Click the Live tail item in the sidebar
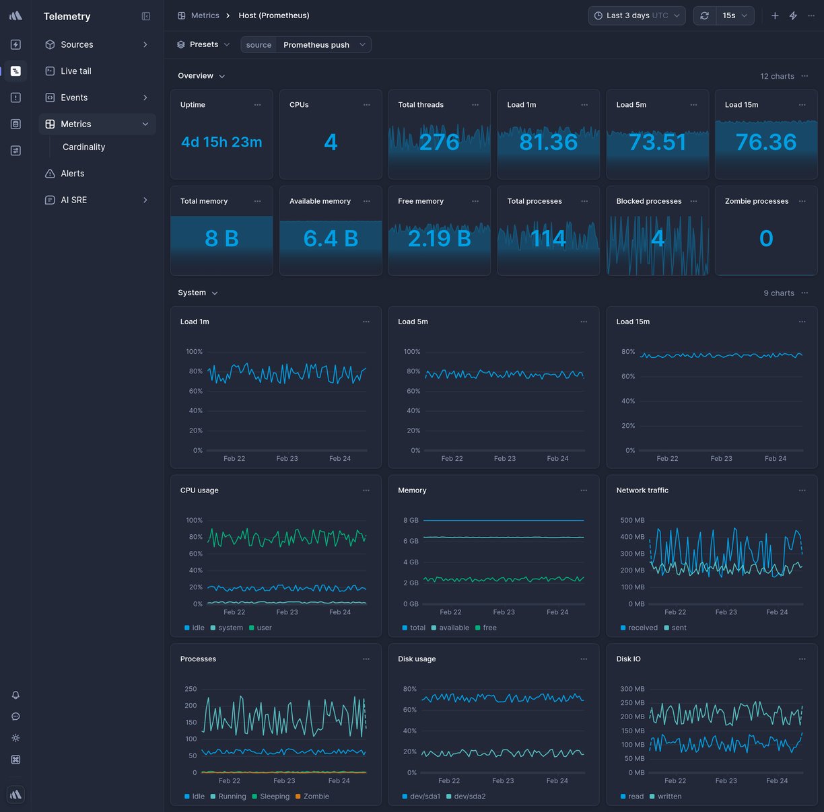pos(75,71)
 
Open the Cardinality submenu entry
pos(83,147)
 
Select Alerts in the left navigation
pos(72,174)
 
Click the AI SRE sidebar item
pos(73,200)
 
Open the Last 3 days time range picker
pos(636,15)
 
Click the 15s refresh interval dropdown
pos(734,15)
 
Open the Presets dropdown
pos(203,44)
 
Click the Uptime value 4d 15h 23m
pos(221,142)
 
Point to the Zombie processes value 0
pos(765,238)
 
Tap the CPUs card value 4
pos(331,142)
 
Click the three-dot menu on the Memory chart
pos(584,490)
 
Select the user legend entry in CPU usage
pos(264,628)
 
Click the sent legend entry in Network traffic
pos(679,628)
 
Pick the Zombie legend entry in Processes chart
pos(316,797)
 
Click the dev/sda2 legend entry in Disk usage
pos(469,797)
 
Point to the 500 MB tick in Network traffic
pos(632,520)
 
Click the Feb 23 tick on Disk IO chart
pos(726,781)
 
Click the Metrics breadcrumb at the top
pos(205,15)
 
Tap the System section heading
pos(192,293)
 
